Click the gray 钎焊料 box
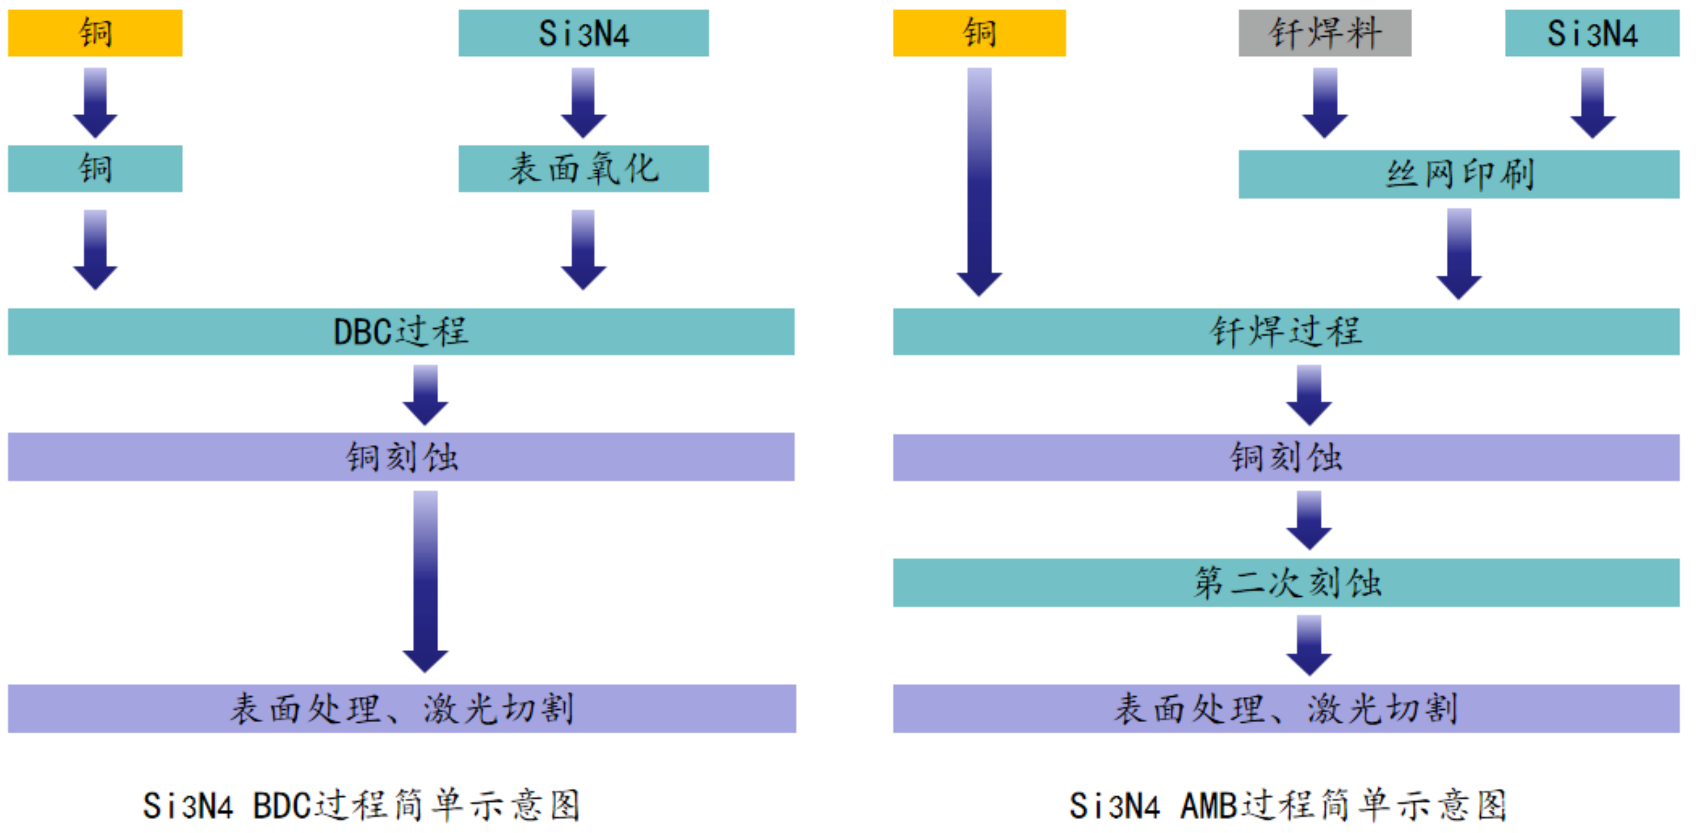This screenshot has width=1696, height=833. [x=1324, y=33]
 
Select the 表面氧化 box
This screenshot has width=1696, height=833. [x=583, y=168]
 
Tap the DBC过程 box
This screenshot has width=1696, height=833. [x=401, y=332]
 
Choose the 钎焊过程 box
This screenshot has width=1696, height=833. [x=1285, y=332]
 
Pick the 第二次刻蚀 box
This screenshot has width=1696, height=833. [x=1285, y=582]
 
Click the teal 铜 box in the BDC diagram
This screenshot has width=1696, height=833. [x=95, y=168]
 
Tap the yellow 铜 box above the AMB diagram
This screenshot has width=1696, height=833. [x=979, y=33]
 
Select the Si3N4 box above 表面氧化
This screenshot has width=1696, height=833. [x=583, y=33]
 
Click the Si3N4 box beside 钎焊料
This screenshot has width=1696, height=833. [x=1591, y=33]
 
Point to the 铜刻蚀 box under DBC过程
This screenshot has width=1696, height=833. [x=401, y=457]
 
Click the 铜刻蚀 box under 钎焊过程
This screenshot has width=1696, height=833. [x=1285, y=457]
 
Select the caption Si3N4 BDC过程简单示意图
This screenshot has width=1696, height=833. [x=361, y=805]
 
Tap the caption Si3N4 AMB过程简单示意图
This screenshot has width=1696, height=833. [x=1287, y=805]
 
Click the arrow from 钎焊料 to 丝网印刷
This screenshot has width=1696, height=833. [x=1325, y=102]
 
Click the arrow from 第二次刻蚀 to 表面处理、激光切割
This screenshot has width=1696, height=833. [x=1309, y=645]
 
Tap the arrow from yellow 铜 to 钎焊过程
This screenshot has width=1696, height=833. [x=979, y=181]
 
